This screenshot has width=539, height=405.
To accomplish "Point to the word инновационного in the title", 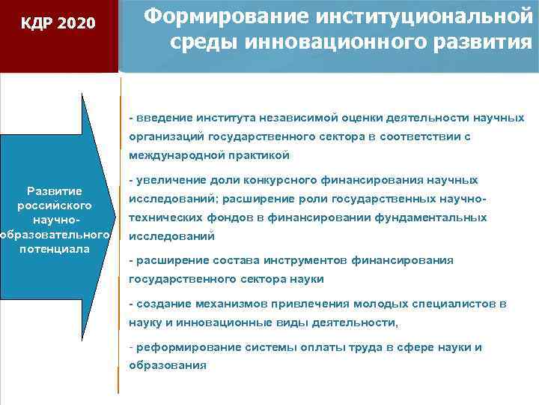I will [x=324, y=42].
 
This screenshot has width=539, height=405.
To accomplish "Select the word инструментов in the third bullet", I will [x=308, y=260].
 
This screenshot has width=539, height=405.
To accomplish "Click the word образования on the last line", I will [x=167, y=366].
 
